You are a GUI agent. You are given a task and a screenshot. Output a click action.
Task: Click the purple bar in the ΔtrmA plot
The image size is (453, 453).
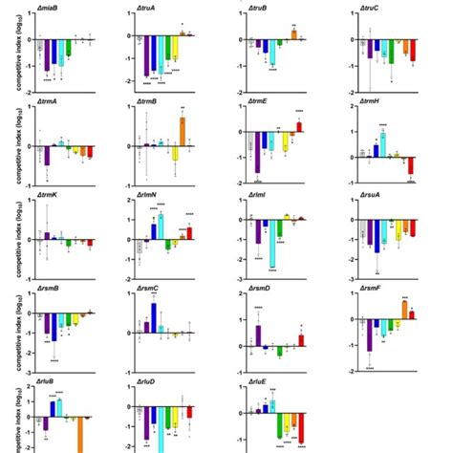(47, 156)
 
